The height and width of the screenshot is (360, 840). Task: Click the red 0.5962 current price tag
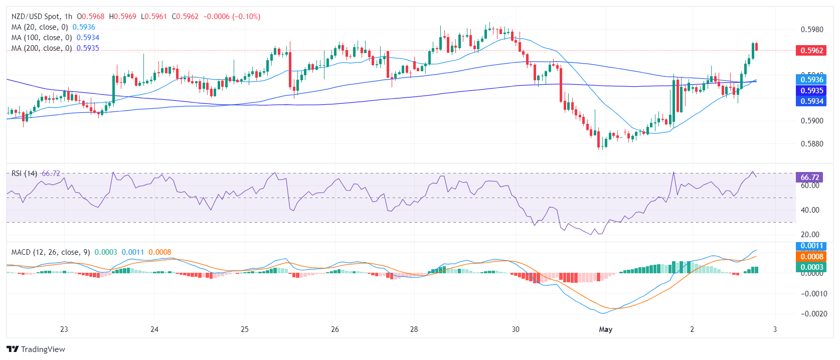coord(811,50)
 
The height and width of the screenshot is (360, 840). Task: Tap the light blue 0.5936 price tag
coord(811,79)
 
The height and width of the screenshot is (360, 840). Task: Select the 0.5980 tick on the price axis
coord(812,30)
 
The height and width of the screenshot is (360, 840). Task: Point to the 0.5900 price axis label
coord(812,121)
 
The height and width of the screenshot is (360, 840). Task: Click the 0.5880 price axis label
coord(812,144)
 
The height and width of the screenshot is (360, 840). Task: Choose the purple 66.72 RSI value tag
coord(809,177)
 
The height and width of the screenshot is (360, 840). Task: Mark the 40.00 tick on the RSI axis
coord(810,210)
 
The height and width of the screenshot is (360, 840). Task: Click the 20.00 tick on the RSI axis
coord(810,235)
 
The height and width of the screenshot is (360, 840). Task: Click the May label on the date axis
coord(606,329)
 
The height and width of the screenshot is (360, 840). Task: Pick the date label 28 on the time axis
coord(414,329)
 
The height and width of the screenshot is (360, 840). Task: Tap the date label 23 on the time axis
coord(64,329)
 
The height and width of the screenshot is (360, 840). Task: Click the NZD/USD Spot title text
coord(35,17)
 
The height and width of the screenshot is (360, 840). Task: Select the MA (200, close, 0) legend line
coord(42,48)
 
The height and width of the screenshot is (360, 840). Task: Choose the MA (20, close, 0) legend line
coord(40,27)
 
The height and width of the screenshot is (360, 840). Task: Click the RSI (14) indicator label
coord(24,173)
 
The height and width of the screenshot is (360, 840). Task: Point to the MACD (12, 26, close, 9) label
coord(51,252)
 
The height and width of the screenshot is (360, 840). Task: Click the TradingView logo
coord(36,349)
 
